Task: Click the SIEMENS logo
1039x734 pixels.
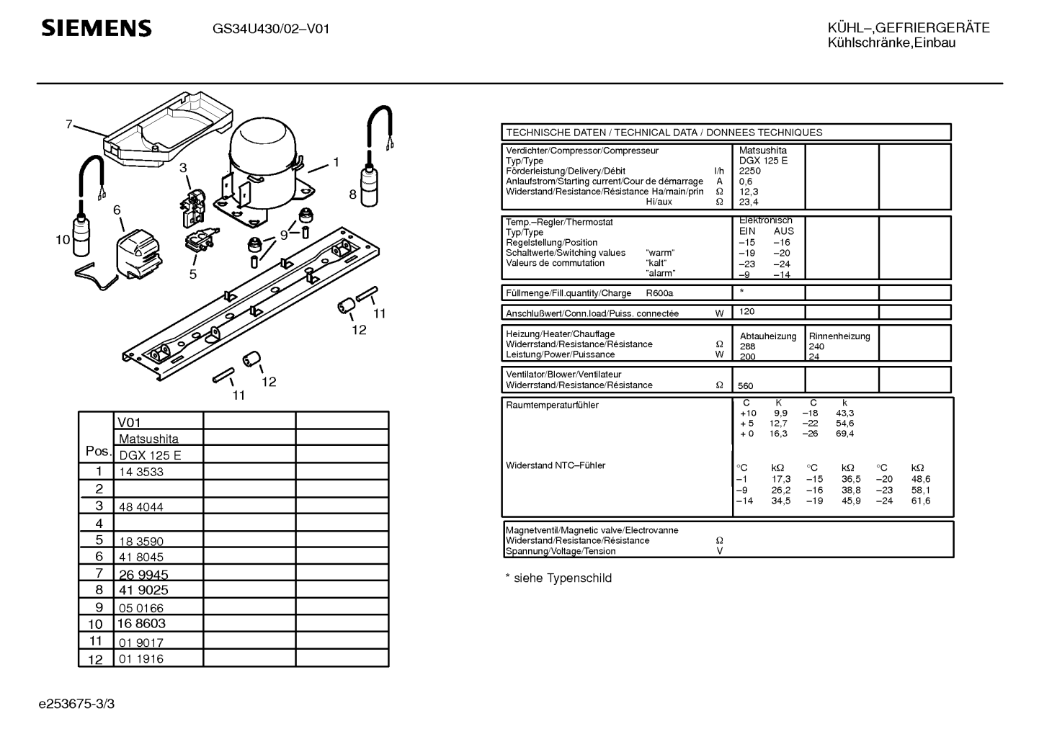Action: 97,29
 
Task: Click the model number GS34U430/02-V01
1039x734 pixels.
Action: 271,30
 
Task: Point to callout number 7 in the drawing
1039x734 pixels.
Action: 69,125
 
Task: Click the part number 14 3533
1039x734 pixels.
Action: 141,473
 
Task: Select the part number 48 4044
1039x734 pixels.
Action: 141,507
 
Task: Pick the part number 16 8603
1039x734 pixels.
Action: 141,625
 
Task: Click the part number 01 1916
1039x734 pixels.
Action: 141,659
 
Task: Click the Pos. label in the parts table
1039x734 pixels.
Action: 97,451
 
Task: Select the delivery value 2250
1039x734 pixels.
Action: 750,171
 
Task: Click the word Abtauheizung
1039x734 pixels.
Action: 768,336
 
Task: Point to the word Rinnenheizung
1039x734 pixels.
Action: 839,336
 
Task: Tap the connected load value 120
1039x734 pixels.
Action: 746,312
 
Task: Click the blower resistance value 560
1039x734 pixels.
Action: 745,386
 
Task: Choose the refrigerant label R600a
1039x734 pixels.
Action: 659,293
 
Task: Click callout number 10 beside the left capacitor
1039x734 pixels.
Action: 63,240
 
